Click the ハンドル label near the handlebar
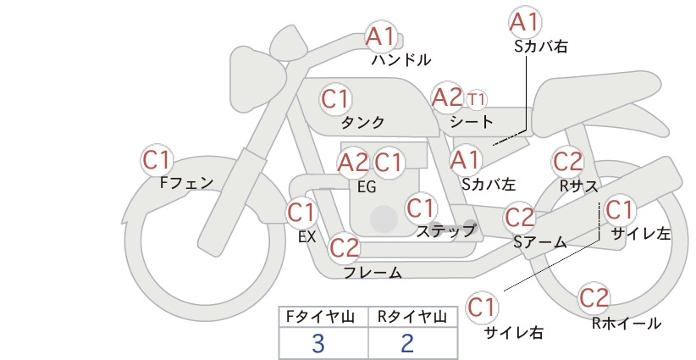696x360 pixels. (x=401, y=59)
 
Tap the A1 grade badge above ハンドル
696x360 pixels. (x=380, y=36)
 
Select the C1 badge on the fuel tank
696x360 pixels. (x=336, y=99)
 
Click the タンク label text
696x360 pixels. (x=362, y=122)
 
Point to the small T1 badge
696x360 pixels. (x=477, y=99)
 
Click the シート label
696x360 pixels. (x=472, y=121)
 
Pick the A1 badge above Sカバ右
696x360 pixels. (x=525, y=22)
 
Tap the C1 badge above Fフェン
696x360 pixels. (x=157, y=160)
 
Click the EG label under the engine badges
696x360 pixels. (x=367, y=187)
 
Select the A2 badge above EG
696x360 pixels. (x=353, y=163)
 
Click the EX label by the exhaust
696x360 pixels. (x=307, y=237)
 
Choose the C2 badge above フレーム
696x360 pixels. (x=345, y=247)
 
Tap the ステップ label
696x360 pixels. (x=446, y=231)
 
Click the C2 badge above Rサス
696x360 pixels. (x=567, y=162)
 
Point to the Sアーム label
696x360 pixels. (x=540, y=242)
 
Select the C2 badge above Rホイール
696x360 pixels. (x=594, y=298)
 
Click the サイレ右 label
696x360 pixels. (x=514, y=333)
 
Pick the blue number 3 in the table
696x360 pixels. (x=318, y=343)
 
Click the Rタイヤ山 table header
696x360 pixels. (x=412, y=317)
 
